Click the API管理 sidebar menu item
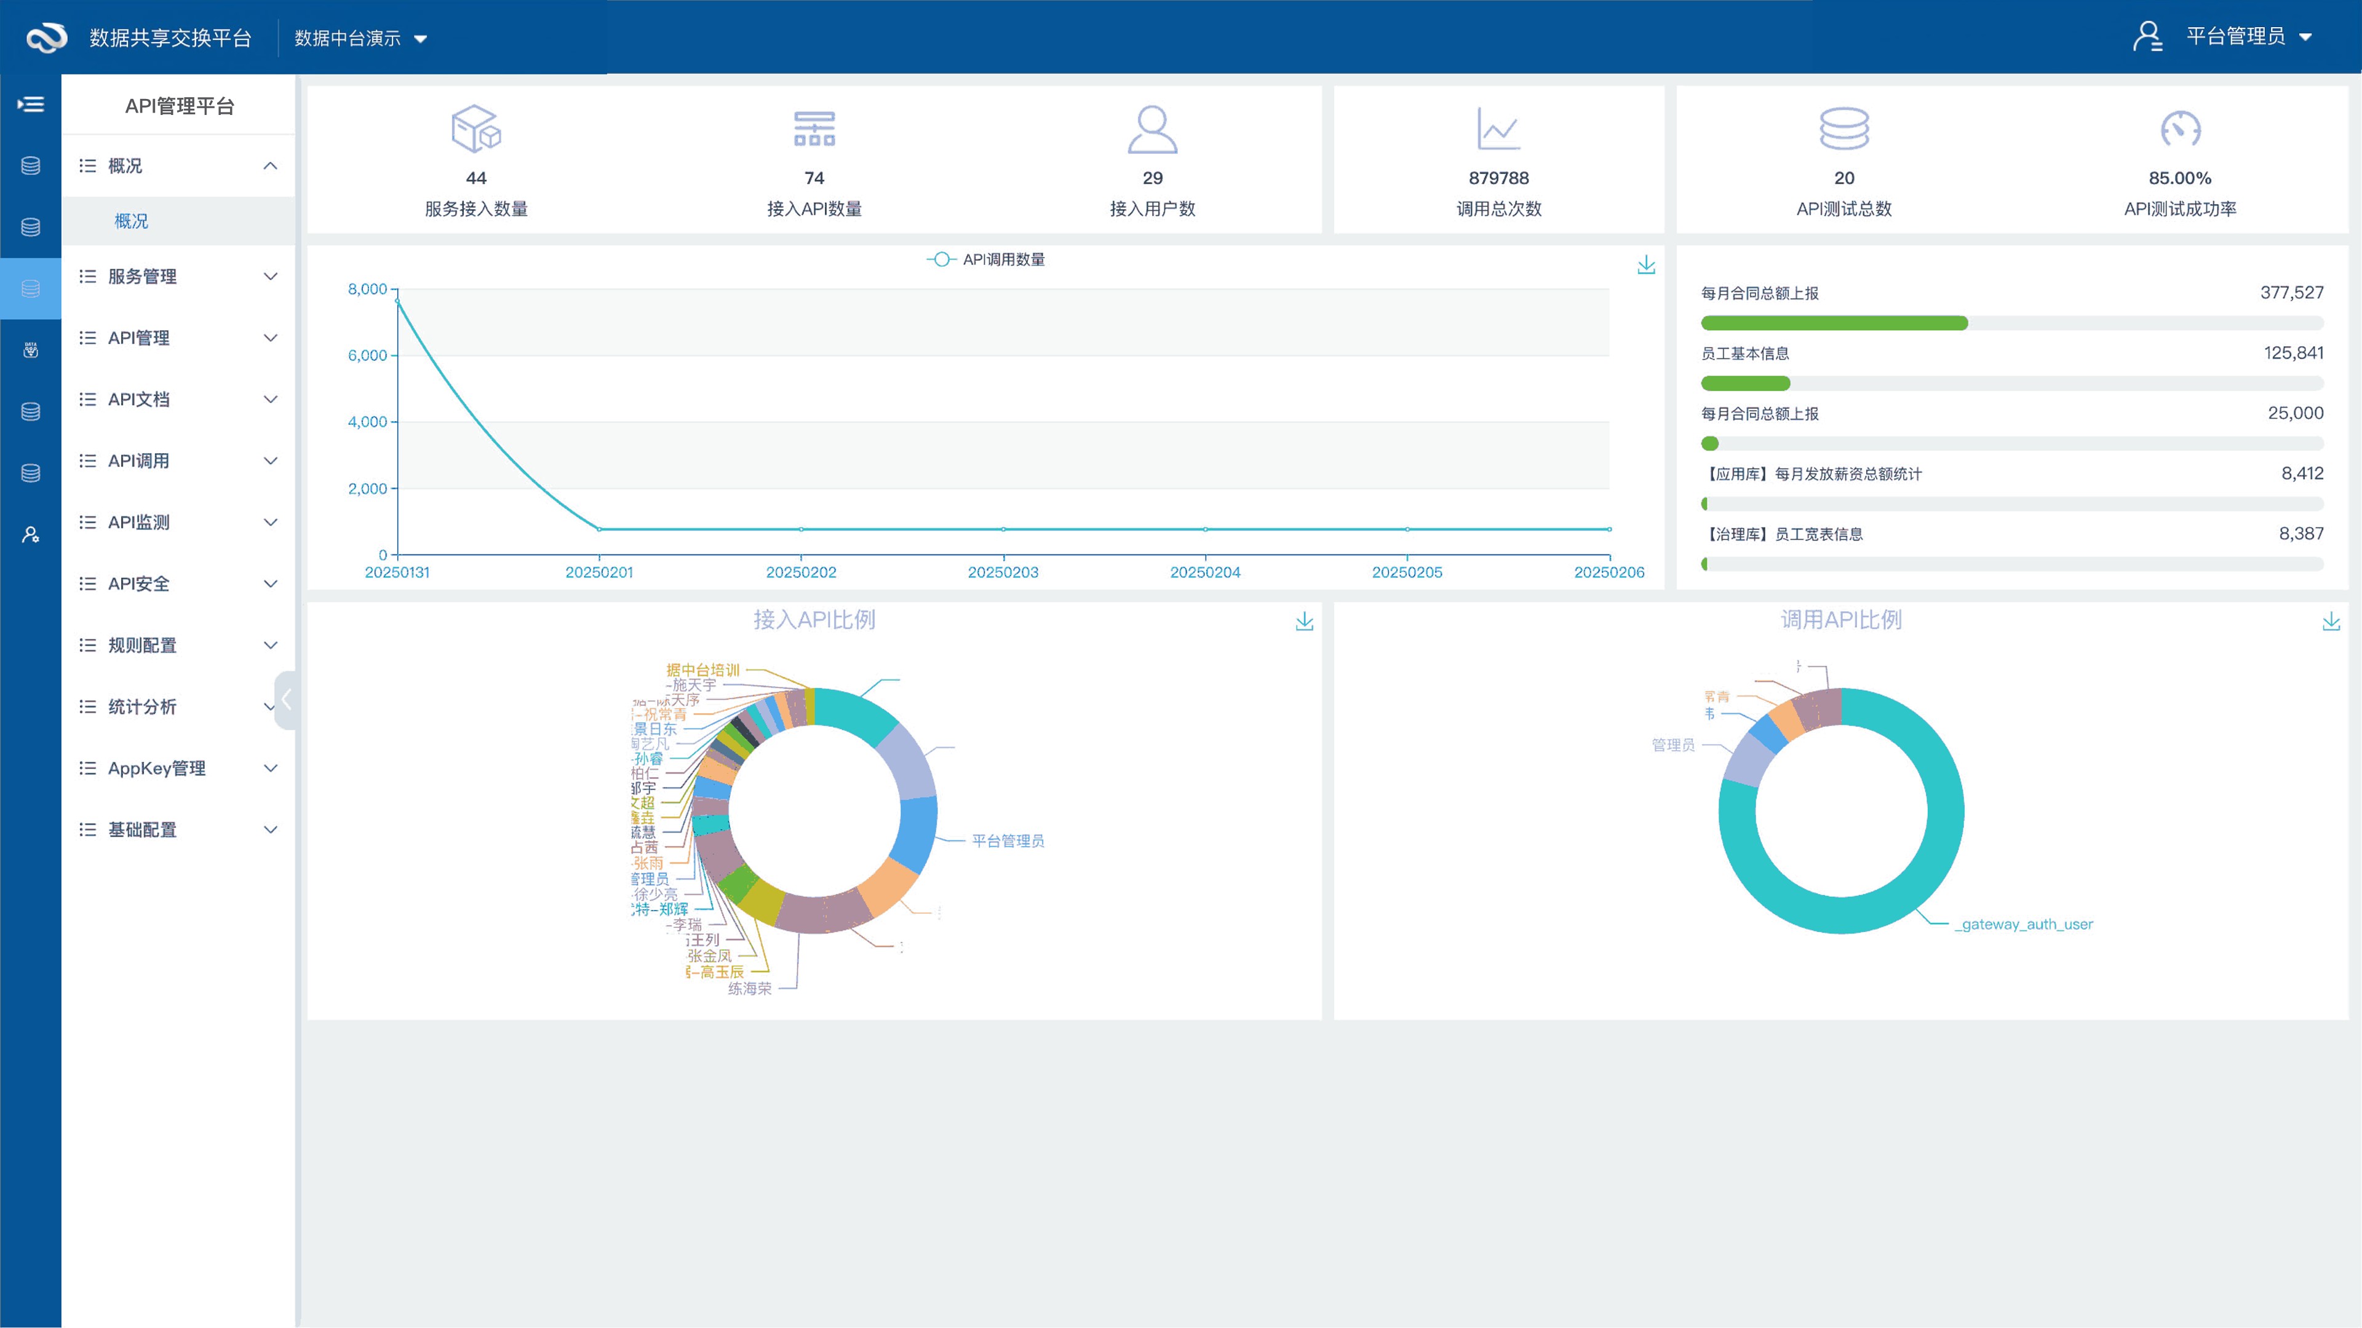tap(138, 338)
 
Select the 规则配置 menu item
tap(141, 645)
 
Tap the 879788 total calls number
tap(1498, 178)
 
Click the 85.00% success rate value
tap(2179, 178)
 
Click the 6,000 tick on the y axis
tap(367, 355)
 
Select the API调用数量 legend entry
tap(987, 259)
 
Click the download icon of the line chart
tap(1646, 265)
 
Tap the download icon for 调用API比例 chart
tap(2331, 622)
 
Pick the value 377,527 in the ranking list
tap(2291, 293)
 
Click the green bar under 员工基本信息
tap(1745, 383)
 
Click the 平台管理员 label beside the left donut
tap(1008, 840)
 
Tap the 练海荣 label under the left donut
tap(749, 988)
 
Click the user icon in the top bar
tap(2147, 37)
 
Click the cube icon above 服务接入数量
tap(476, 128)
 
